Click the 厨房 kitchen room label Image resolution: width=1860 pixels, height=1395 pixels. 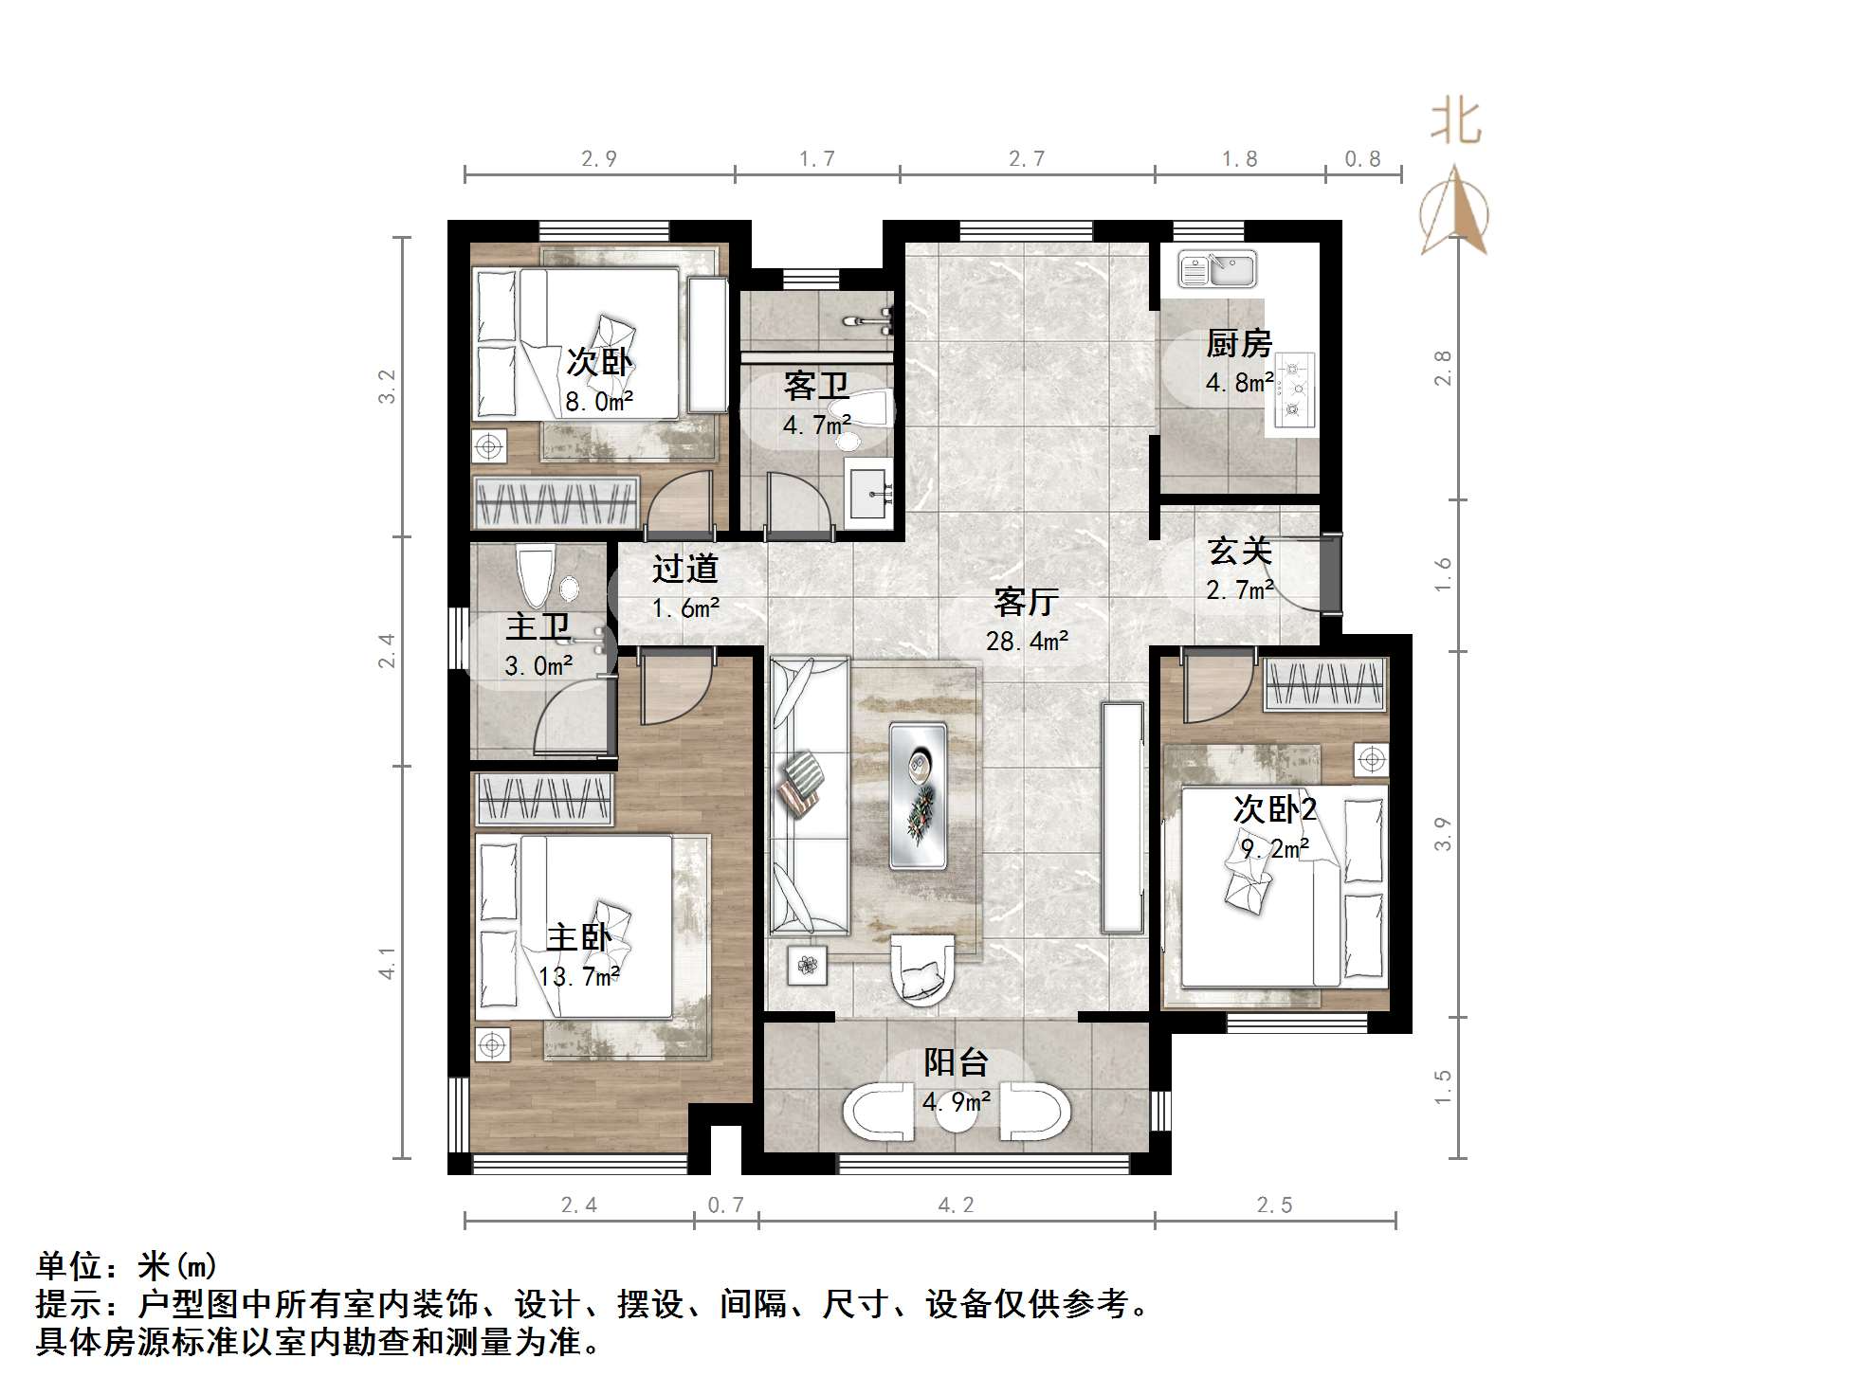[x=1238, y=343]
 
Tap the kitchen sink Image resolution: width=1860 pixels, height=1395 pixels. [x=1217, y=270]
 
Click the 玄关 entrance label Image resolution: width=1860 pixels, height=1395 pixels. [x=1239, y=551]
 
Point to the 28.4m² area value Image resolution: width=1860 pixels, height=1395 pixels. [x=1027, y=642]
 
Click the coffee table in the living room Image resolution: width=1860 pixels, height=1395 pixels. [x=918, y=795]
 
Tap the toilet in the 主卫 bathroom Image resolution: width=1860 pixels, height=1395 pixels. [x=536, y=574]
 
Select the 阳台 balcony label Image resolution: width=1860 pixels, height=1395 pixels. [x=956, y=1062]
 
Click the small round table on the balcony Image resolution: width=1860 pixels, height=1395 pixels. [x=957, y=1115]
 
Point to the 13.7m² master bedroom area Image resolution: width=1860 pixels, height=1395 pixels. [x=578, y=976]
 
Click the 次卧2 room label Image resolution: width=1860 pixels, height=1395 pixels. [x=1274, y=809]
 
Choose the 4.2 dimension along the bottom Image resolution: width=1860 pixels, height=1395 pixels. [x=956, y=1205]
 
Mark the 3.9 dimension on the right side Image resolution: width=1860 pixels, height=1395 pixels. [x=1442, y=834]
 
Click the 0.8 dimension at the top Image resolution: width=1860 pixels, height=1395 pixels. [x=1362, y=159]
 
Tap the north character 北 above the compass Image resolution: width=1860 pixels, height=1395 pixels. [x=1455, y=123]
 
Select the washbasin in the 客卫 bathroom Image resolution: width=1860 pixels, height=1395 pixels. [x=868, y=494]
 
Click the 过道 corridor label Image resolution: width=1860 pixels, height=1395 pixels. [x=684, y=569]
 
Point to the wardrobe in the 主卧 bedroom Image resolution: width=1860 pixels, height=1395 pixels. [x=543, y=798]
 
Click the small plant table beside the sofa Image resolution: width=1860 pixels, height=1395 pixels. [x=807, y=966]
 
